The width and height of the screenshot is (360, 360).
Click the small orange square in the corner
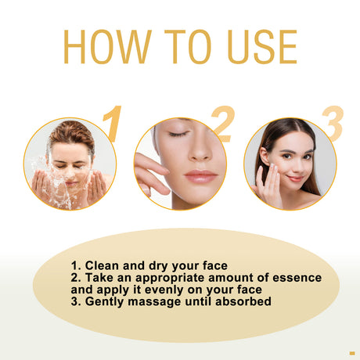[x=351, y=351]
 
